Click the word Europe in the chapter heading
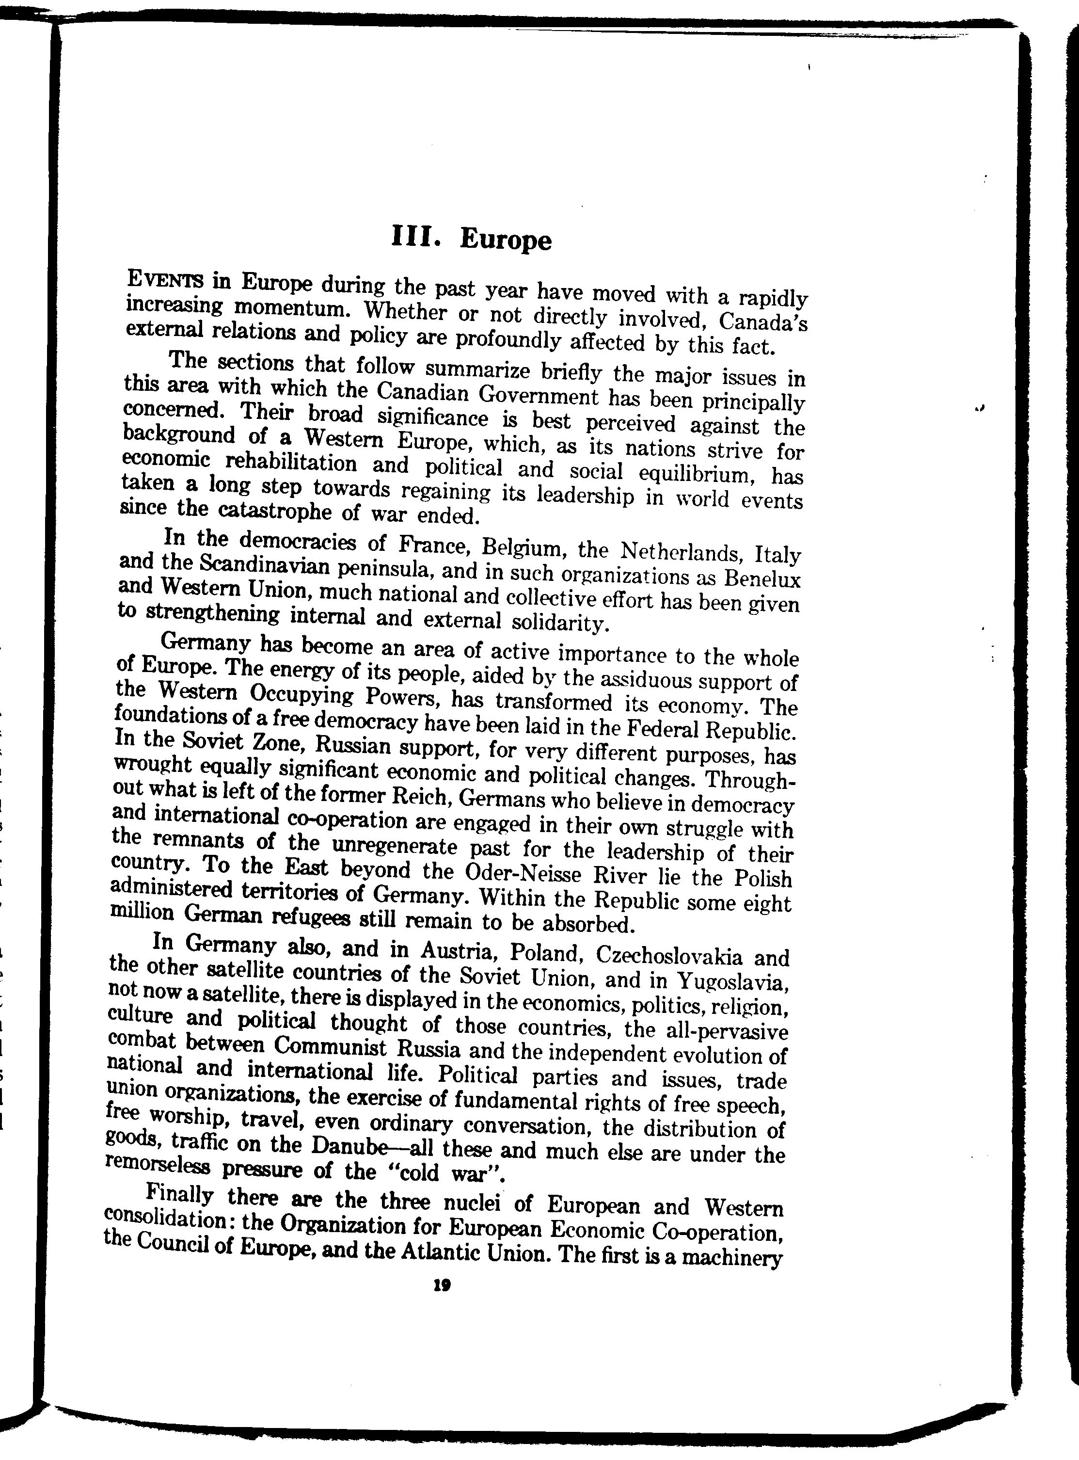tap(506, 240)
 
